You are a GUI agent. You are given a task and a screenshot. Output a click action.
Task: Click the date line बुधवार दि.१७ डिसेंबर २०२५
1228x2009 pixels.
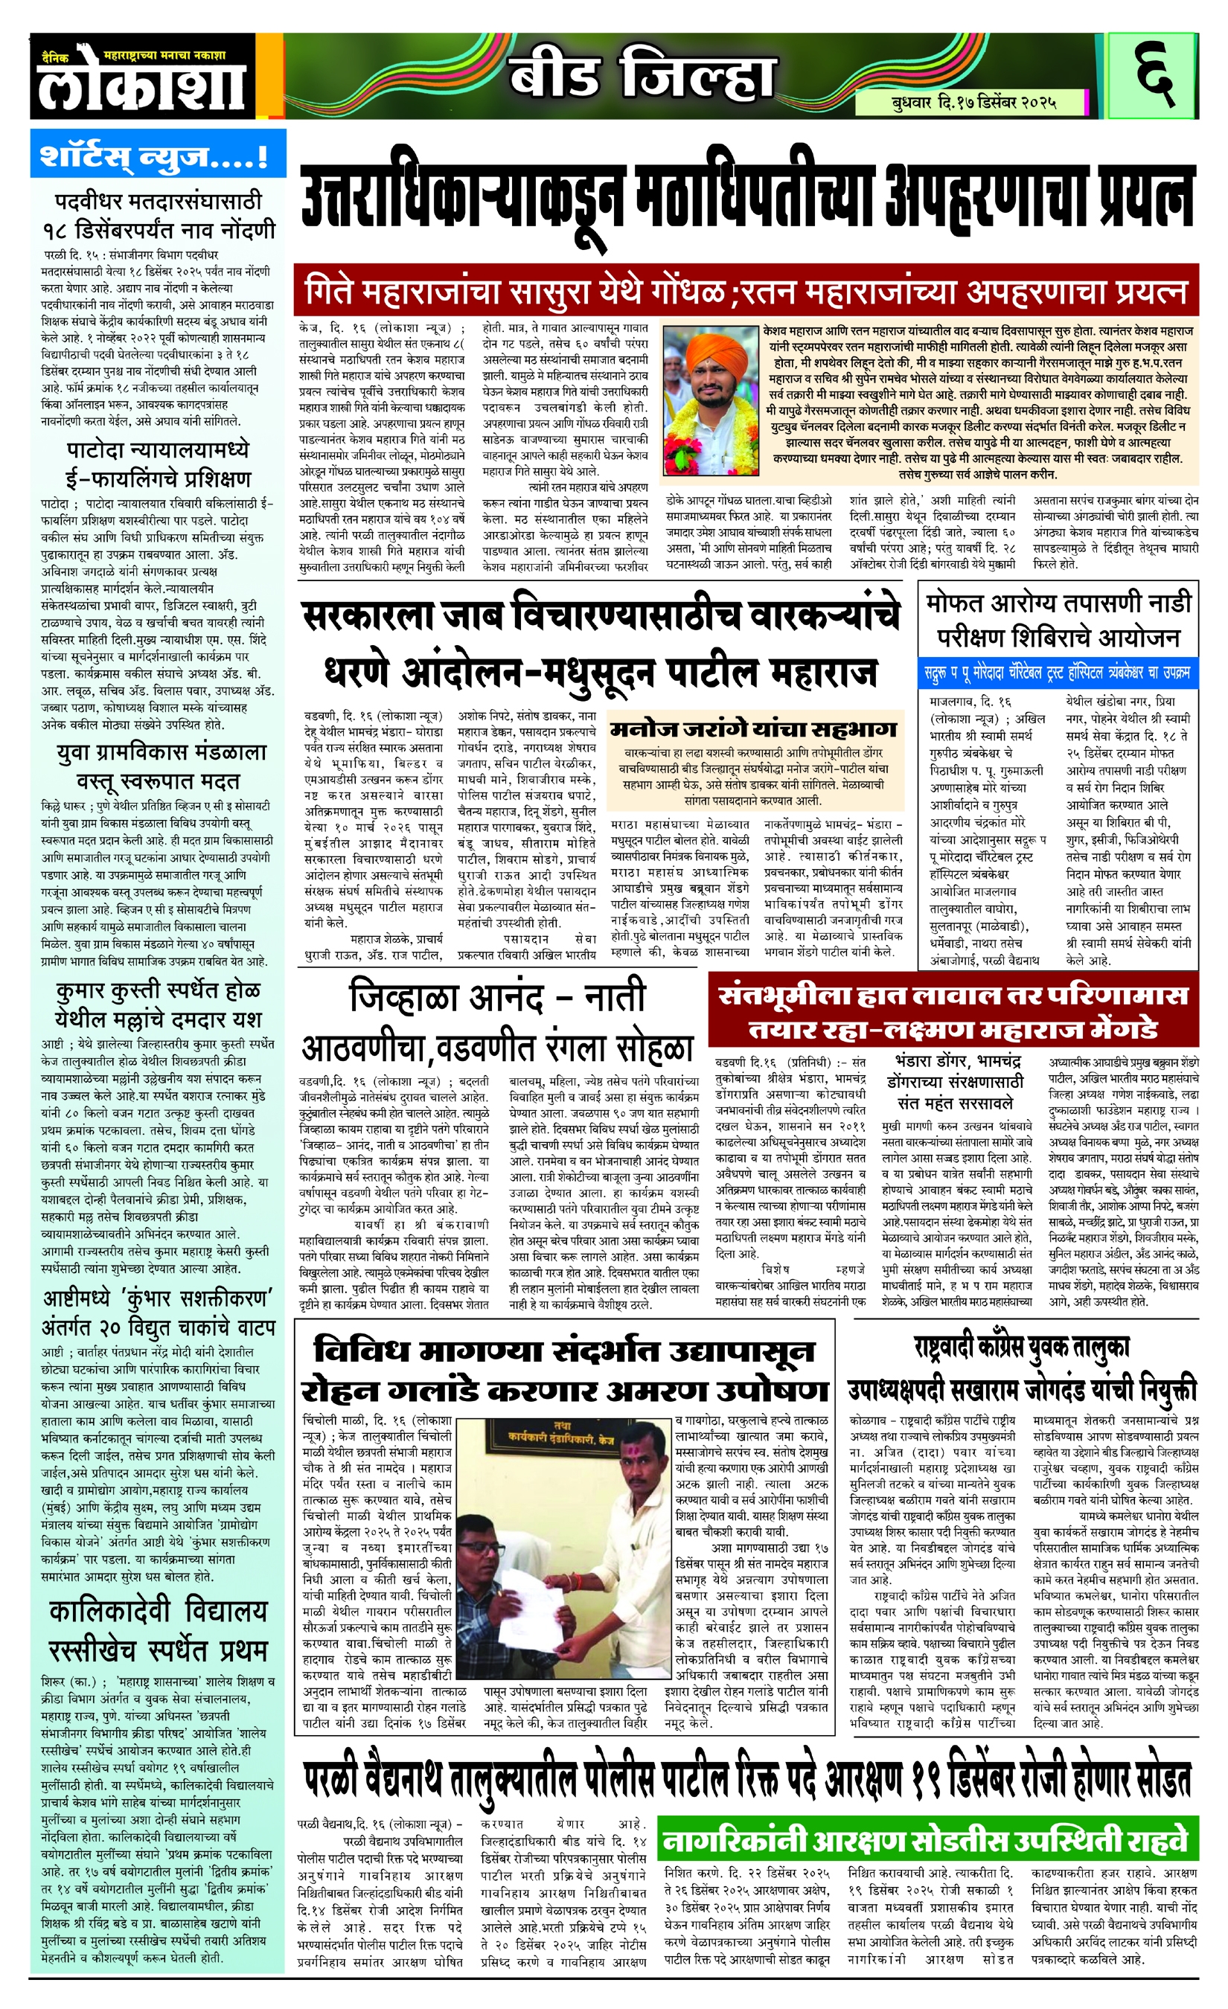tap(973, 103)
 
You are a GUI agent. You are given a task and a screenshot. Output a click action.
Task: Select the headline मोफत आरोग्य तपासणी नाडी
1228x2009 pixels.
tap(1058, 603)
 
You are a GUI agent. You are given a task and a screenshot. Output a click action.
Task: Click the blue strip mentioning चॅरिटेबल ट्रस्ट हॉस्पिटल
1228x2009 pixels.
tap(1058, 672)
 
